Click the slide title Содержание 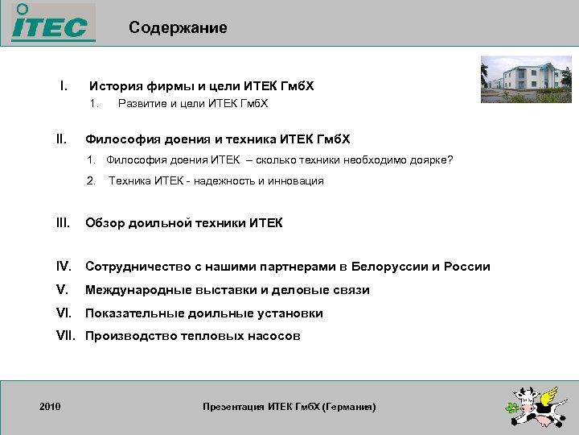(x=178, y=28)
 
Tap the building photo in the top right (x=526, y=79)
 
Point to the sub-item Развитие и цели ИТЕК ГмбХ (x=193, y=104)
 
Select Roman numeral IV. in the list (x=64, y=267)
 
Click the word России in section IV (x=466, y=267)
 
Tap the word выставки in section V (x=230, y=290)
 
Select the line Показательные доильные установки (x=204, y=313)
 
